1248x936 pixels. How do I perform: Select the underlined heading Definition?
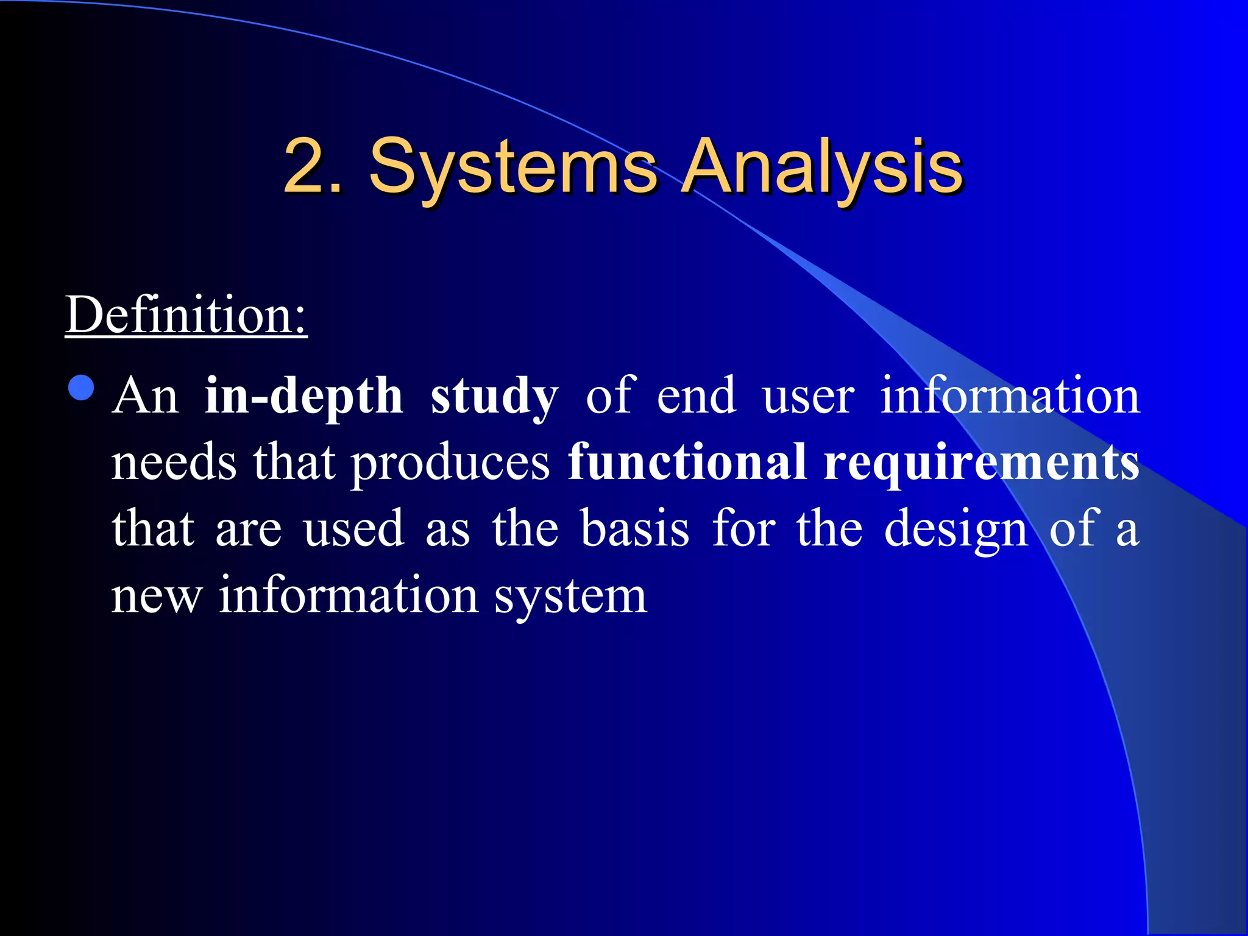(x=186, y=315)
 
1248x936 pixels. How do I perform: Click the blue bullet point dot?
(x=82, y=388)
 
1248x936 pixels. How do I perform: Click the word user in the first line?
(x=807, y=397)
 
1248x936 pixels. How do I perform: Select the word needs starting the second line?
(x=174, y=463)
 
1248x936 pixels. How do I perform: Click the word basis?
(x=634, y=528)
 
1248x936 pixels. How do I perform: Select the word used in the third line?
(x=353, y=528)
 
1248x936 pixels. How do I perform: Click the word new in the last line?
(x=156, y=595)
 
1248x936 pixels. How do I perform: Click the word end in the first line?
(x=696, y=397)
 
